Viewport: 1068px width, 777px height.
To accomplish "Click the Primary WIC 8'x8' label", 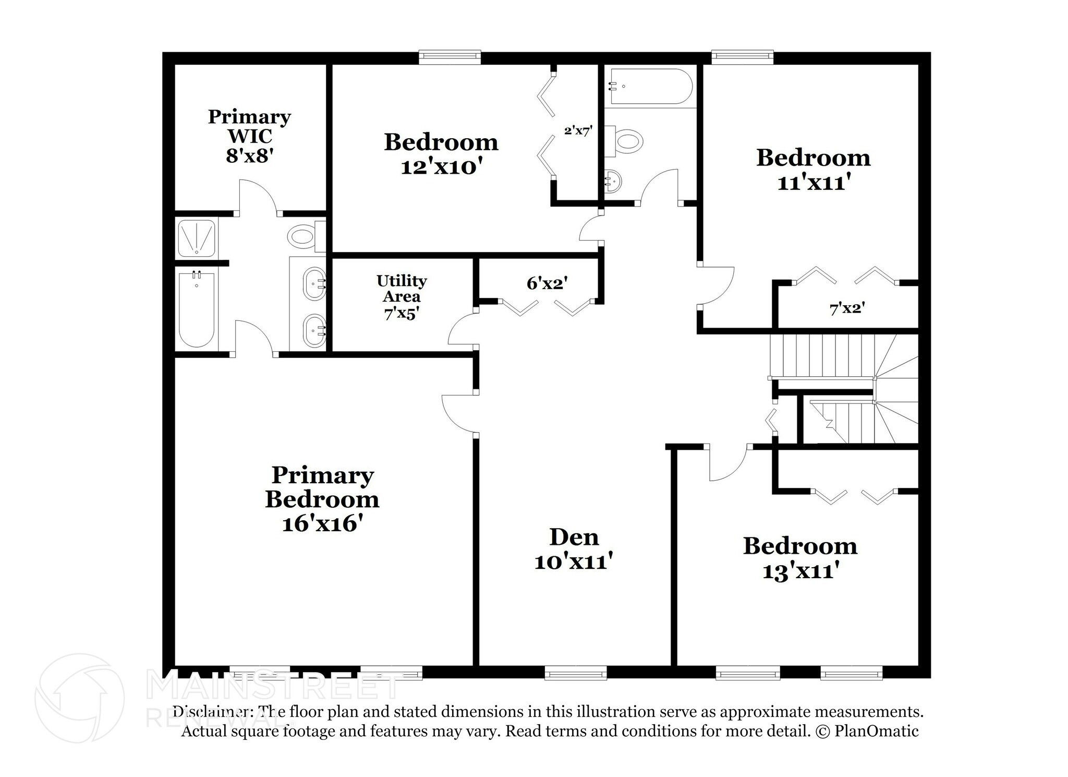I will point(249,136).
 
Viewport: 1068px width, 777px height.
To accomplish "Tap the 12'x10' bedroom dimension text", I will point(441,167).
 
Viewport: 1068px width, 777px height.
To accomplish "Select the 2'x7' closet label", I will point(578,130).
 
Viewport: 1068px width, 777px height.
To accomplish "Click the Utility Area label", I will point(402,296).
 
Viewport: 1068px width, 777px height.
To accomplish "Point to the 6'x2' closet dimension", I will point(547,283).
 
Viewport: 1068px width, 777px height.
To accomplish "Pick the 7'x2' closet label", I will point(847,308).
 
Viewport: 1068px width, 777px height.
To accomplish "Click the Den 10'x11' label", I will point(573,549).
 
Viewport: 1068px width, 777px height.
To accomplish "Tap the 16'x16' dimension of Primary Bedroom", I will point(322,523).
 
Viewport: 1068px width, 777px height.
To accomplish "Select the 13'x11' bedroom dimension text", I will point(800,571).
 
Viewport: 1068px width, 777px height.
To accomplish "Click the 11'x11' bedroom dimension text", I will point(814,183).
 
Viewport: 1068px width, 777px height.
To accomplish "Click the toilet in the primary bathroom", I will point(303,237).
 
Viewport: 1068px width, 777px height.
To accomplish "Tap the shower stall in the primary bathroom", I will point(196,237).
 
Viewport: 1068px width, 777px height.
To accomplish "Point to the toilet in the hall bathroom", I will point(626,141).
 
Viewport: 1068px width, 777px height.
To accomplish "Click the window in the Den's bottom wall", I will point(576,673).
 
